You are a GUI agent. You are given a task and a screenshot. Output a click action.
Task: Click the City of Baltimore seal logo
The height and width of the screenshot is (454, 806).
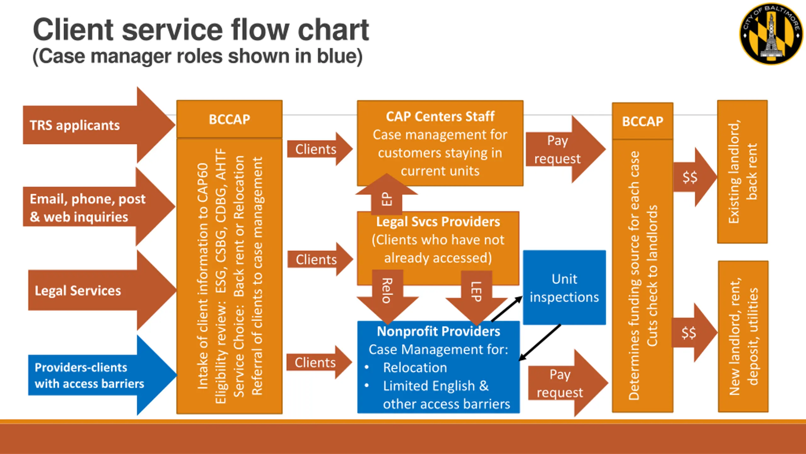771,34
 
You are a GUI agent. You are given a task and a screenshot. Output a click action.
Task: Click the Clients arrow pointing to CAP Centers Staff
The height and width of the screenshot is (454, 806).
320,149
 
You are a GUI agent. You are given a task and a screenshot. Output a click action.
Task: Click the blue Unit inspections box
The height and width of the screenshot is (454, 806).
565,287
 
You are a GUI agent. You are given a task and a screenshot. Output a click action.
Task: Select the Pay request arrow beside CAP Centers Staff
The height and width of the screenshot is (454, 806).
565,149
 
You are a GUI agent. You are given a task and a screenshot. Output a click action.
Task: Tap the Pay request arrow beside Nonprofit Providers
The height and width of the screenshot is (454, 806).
568,383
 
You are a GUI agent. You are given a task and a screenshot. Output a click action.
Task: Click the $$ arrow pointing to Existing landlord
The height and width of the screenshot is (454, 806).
695,177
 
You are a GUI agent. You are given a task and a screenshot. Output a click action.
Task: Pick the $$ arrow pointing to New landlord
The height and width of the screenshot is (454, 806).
695,333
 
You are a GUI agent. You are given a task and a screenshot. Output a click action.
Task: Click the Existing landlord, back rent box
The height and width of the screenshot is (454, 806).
742,172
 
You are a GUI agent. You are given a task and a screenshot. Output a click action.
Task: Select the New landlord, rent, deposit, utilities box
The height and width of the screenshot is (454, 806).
743,336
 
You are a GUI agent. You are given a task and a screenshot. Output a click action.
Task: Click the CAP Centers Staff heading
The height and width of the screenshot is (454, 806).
440,116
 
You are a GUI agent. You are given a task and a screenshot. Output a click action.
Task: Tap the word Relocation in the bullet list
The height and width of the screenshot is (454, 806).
415,367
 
